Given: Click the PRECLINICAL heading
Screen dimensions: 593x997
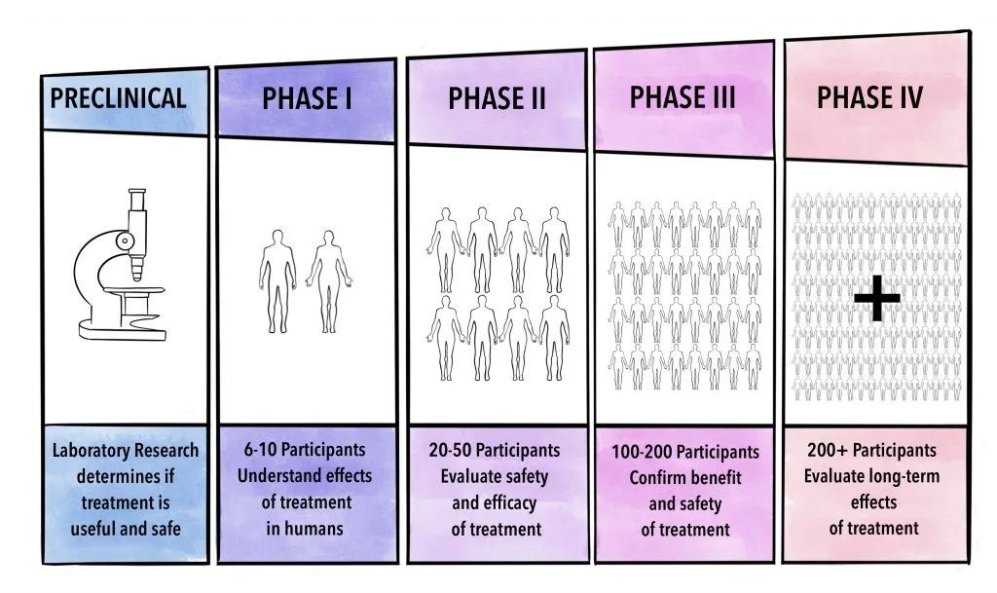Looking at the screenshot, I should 118,98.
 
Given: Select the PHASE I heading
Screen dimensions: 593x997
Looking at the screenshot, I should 306,98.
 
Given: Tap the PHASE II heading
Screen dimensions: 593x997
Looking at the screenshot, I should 497,98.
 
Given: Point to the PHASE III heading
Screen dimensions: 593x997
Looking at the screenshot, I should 683,97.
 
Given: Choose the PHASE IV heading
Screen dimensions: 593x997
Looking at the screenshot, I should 869,97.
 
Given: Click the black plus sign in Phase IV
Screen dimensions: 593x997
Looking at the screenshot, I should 877,298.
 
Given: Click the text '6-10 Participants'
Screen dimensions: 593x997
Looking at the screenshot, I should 306,451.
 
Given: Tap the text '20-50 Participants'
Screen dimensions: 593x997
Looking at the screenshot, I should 496,451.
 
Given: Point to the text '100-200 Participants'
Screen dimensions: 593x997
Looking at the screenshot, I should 685,453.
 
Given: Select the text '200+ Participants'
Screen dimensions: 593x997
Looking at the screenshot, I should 872,451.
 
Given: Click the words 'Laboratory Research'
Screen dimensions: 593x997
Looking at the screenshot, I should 125,451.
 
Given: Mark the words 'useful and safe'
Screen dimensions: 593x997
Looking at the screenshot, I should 125,530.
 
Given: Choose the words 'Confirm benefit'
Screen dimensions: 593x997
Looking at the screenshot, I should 685,478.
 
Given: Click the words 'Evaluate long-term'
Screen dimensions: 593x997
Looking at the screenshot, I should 872,476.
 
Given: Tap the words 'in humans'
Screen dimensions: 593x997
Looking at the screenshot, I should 306,530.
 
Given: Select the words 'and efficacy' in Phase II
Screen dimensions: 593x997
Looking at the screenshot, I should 496,503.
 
